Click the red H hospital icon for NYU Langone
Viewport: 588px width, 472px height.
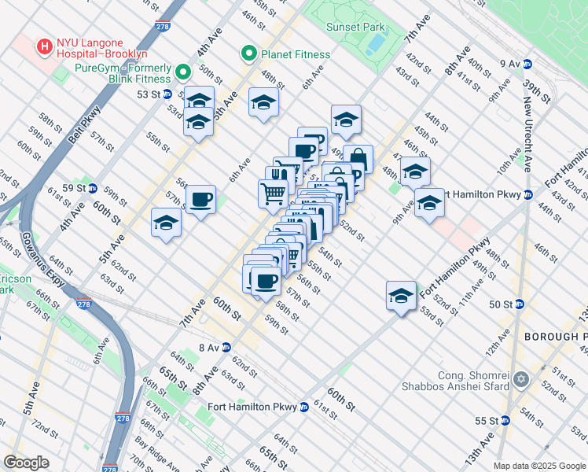[x=44, y=46]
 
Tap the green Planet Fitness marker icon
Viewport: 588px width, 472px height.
[x=248, y=54]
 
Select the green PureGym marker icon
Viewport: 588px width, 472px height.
[x=184, y=73]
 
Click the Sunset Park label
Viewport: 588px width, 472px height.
[x=355, y=27]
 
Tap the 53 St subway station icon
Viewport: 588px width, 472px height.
[x=167, y=94]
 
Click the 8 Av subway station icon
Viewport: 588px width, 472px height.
[x=226, y=347]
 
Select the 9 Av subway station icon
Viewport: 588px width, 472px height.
[x=528, y=63]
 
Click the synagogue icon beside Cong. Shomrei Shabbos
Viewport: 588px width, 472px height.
[x=520, y=381]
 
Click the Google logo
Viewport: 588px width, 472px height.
[x=27, y=463]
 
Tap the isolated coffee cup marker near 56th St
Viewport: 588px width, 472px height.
[x=200, y=200]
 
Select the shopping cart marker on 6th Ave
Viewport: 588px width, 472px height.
[x=272, y=192]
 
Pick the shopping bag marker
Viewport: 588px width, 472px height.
[x=358, y=158]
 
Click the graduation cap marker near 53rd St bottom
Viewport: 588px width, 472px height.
[x=401, y=296]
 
